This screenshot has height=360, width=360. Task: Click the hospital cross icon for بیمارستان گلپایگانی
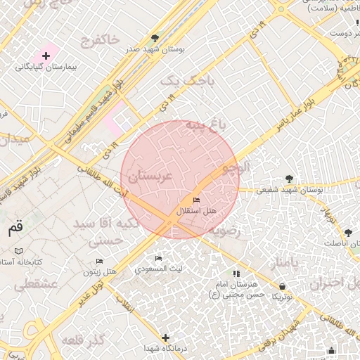click(46, 55)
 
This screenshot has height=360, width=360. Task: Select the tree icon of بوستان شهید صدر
click(155, 38)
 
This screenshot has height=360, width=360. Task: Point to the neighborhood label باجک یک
click(186, 82)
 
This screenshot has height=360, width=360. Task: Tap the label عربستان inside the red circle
click(150, 176)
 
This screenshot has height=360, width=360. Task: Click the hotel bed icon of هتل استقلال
click(195, 200)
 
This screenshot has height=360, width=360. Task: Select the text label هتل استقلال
click(196, 211)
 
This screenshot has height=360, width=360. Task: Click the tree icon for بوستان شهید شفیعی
click(289, 179)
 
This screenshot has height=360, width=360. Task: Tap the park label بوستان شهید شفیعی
click(290, 190)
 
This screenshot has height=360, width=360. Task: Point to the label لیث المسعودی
click(159, 269)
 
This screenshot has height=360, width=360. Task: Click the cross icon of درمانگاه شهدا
click(165, 337)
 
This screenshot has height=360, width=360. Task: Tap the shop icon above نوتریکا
click(283, 286)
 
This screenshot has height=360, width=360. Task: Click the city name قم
click(15, 229)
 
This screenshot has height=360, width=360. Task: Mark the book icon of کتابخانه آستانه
click(18, 251)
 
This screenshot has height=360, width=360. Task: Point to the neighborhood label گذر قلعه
click(83, 341)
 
